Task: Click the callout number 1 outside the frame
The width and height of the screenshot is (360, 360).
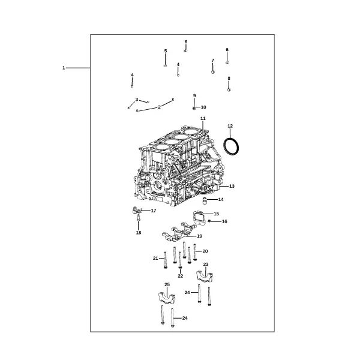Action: coord(64,68)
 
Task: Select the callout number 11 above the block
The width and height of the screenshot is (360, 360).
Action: coord(203,118)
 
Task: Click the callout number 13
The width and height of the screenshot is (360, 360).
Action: coord(232,186)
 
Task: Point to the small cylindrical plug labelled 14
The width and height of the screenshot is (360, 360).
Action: coord(205,200)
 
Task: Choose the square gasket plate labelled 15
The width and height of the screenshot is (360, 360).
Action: coord(199,217)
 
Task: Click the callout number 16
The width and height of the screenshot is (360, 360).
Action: coord(224,221)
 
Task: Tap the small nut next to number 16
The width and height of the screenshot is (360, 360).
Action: coord(209,221)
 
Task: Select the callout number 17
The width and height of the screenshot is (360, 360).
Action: coord(154,211)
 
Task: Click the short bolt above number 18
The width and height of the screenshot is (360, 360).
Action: coord(139,218)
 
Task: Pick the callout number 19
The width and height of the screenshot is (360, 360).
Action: coord(200,236)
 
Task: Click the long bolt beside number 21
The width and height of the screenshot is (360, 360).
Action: coord(166,260)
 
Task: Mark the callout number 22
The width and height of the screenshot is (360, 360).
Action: coord(181,276)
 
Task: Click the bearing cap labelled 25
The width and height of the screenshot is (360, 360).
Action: coord(167,298)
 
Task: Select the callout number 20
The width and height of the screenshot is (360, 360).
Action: coord(205,251)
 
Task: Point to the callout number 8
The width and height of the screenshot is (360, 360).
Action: coord(229,78)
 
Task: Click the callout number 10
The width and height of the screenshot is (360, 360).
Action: coord(203,107)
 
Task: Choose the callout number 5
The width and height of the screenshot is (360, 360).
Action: coord(166,51)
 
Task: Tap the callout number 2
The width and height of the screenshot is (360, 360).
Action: coord(159,107)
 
